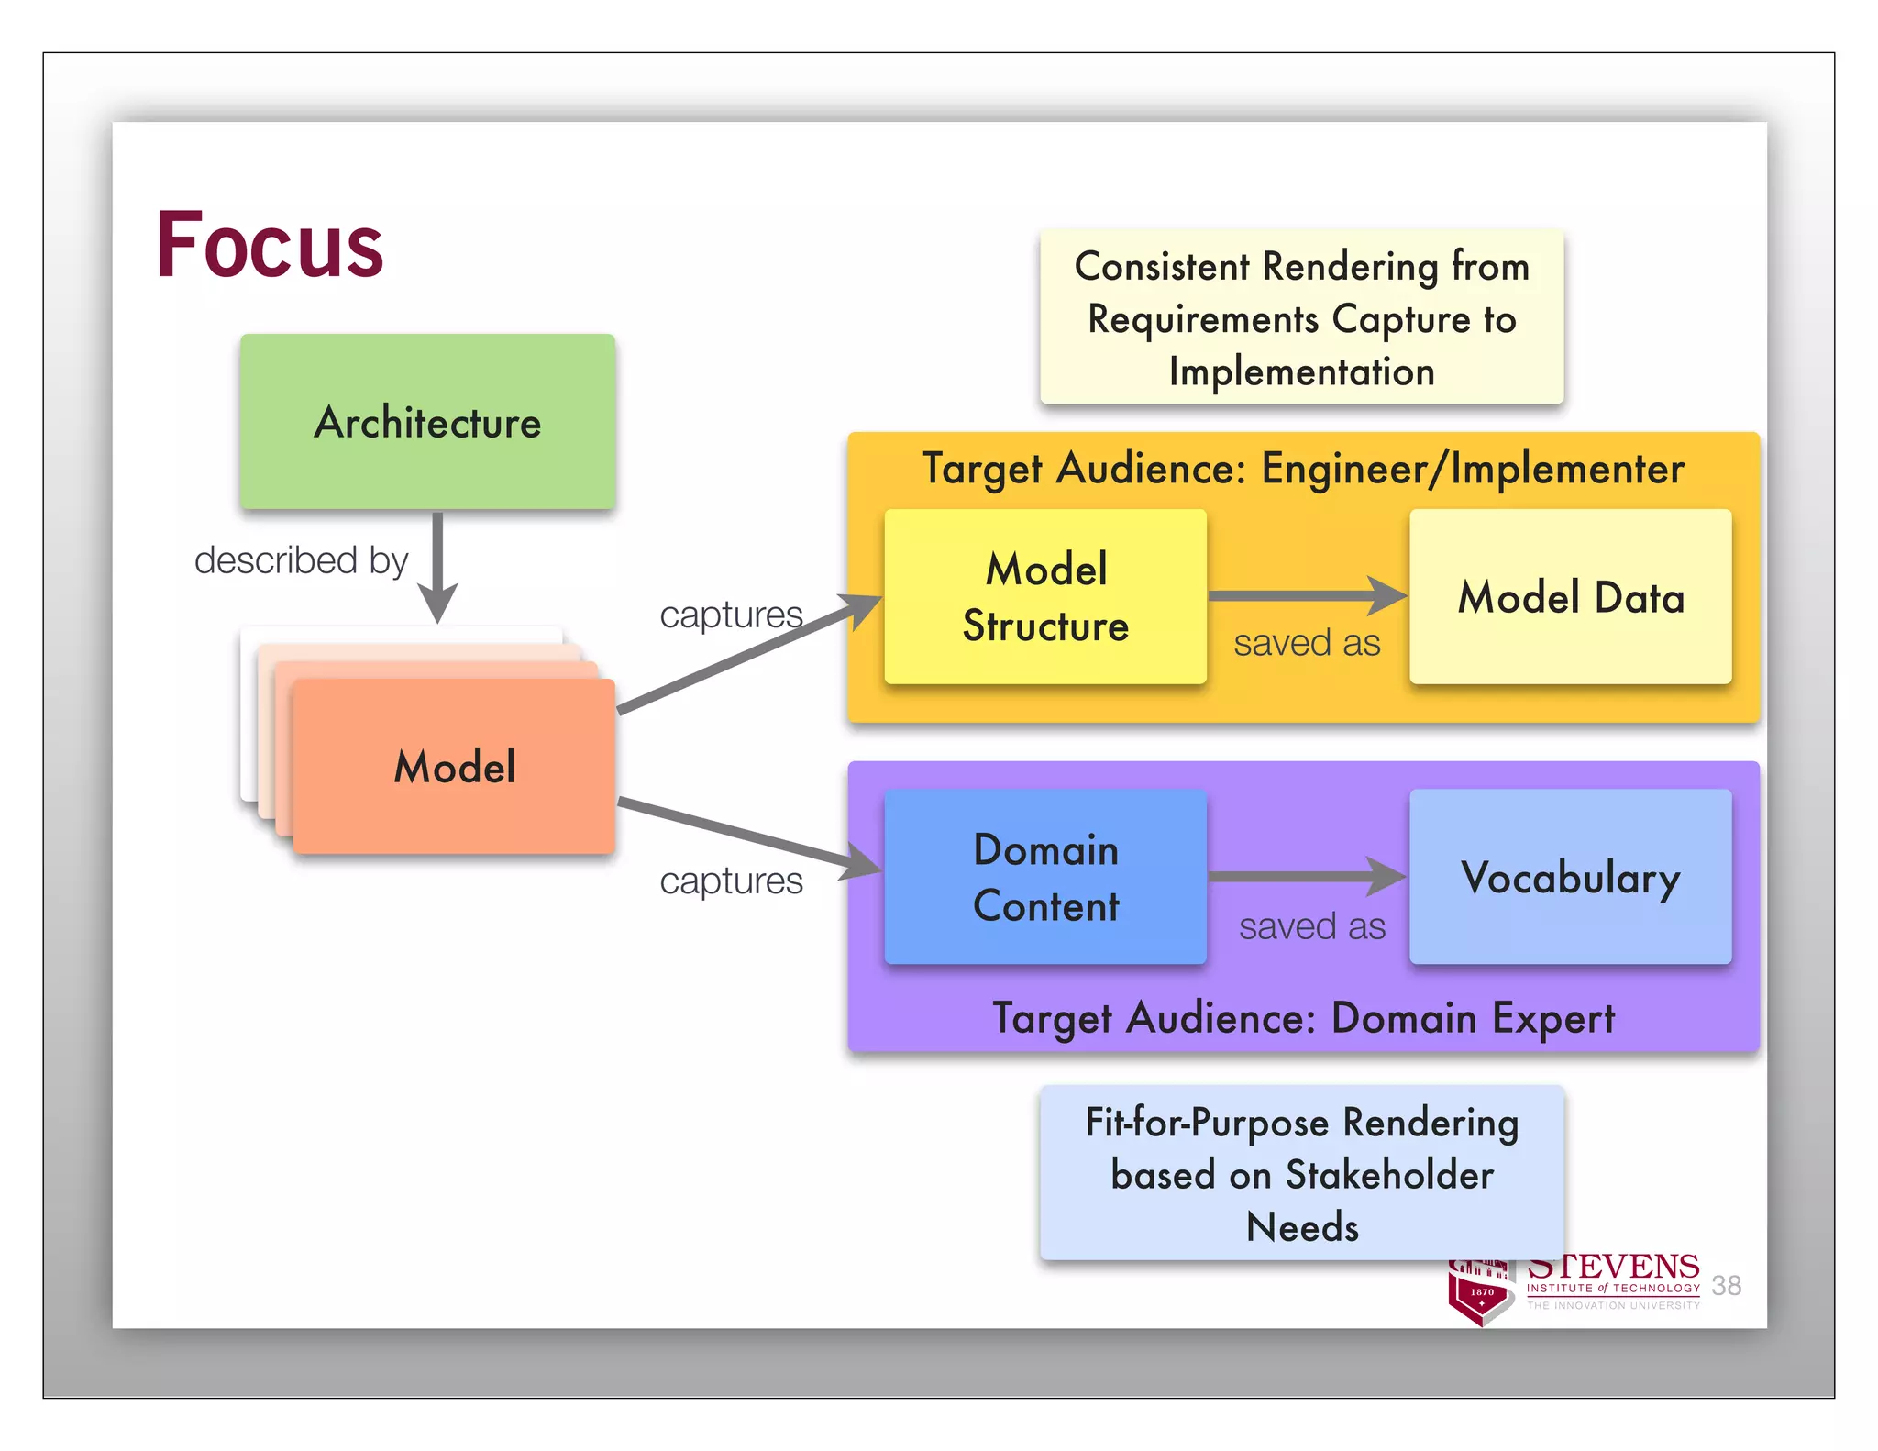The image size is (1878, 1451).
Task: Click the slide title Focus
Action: point(270,245)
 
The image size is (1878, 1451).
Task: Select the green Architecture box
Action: point(427,421)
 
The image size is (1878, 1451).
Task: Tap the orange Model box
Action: point(454,767)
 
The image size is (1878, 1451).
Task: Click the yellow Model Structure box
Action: point(1045,596)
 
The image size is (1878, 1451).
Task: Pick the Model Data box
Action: point(1570,596)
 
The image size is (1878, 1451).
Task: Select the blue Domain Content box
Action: point(1045,877)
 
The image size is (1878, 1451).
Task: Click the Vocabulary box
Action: point(1570,877)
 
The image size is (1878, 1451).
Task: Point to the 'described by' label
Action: point(301,559)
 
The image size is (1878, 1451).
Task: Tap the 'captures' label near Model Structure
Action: point(731,614)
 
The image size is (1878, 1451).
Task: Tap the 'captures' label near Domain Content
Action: point(731,881)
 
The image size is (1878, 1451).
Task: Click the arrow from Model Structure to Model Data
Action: point(1307,596)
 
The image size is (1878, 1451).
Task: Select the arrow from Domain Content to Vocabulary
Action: point(1307,877)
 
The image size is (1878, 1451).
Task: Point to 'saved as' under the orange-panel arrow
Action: point(1307,643)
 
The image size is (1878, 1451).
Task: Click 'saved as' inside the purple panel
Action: point(1312,926)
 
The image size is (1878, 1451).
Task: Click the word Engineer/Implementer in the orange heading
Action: point(1473,469)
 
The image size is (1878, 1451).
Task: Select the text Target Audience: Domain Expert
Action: point(1303,1018)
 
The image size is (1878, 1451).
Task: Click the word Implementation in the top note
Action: point(1301,371)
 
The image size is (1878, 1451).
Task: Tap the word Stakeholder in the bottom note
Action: point(1389,1175)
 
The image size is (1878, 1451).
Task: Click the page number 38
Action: point(1726,1285)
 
